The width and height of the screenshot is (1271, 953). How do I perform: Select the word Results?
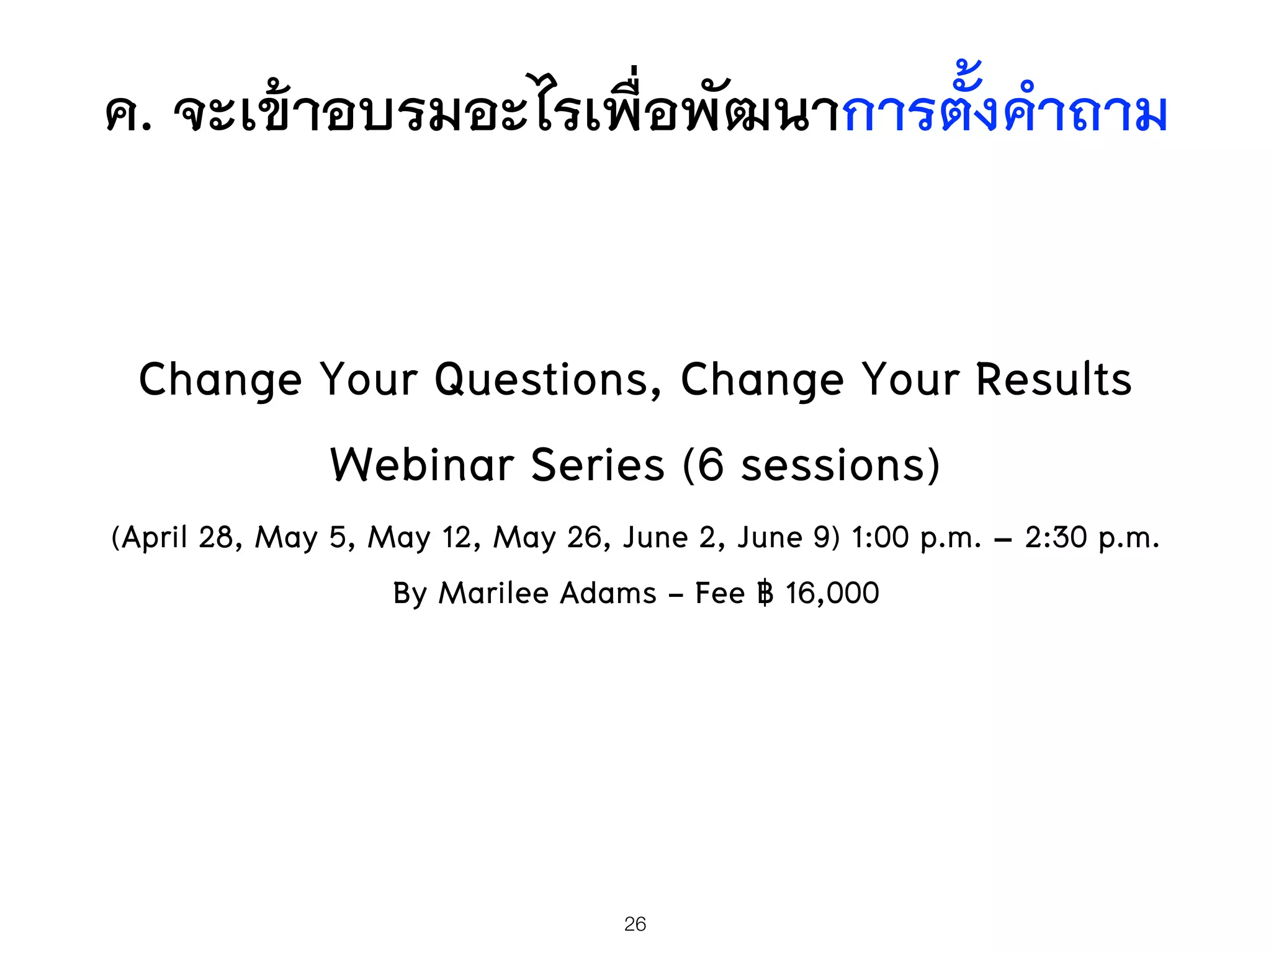click(1053, 380)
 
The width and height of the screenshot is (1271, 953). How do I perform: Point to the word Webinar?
click(422, 465)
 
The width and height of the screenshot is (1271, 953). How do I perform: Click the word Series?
click(598, 465)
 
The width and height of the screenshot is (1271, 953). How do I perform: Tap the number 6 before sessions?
click(711, 465)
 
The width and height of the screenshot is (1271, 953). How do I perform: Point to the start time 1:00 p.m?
click(916, 537)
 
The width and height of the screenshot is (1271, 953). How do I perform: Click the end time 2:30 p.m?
click(1092, 537)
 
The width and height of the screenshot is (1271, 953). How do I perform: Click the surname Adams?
click(608, 593)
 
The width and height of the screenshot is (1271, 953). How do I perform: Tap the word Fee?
click(719, 593)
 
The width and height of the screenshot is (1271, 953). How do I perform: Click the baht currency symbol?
click(765, 593)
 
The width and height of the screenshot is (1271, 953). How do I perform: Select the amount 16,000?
click(832, 593)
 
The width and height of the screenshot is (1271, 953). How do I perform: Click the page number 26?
click(635, 924)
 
